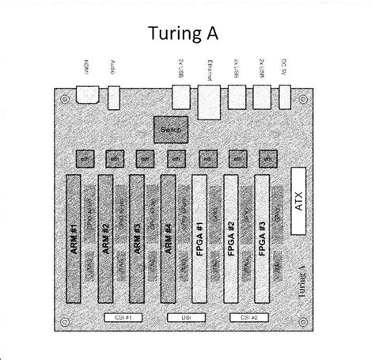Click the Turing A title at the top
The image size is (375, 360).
tap(187, 33)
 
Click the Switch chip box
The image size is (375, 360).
tap(170, 127)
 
